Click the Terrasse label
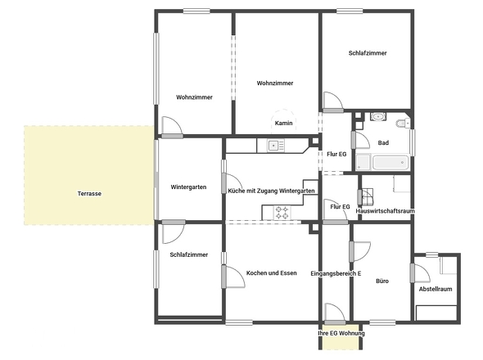click(x=89, y=194)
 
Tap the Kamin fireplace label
click(x=284, y=124)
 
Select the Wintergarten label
click(x=188, y=187)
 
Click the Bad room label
click(x=383, y=143)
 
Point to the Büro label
click(x=382, y=281)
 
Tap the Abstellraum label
click(x=436, y=289)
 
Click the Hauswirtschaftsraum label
click(x=385, y=211)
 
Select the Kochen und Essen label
click(x=271, y=273)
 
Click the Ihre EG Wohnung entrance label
click(x=341, y=333)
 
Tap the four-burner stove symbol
click(x=282, y=213)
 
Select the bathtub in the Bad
click(x=390, y=163)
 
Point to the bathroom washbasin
click(x=377, y=117)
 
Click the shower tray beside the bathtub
click(x=363, y=162)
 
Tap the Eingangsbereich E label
click(x=336, y=273)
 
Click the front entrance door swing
click(x=335, y=313)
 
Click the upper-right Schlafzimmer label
click(x=368, y=53)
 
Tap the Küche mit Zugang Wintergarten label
click(x=271, y=191)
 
